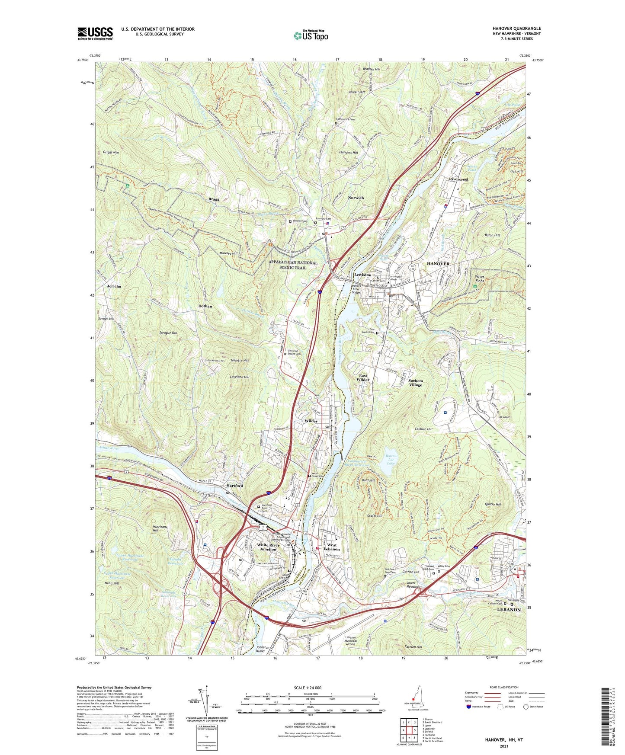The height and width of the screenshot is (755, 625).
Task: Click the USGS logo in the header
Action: [x=95, y=33]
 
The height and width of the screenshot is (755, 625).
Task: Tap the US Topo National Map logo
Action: [x=310, y=35]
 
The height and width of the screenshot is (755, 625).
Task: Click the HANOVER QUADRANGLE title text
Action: [x=516, y=29]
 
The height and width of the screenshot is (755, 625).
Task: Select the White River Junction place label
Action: [x=268, y=547]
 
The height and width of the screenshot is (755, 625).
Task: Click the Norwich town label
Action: [x=356, y=198]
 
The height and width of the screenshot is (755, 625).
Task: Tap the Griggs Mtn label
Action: [x=111, y=152]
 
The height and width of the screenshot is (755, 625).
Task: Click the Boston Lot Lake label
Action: [x=391, y=460]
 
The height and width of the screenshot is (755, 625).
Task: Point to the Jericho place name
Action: [x=114, y=286]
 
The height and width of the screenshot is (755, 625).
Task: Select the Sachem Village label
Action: [x=415, y=383]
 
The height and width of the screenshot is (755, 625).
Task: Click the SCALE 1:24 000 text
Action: [x=307, y=688]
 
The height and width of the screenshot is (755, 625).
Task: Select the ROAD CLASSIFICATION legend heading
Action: [x=503, y=687]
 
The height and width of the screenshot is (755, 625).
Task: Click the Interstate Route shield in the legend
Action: [x=468, y=707]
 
